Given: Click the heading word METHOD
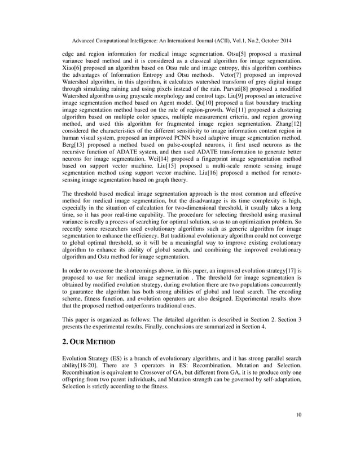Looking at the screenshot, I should [x=98, y=342].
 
